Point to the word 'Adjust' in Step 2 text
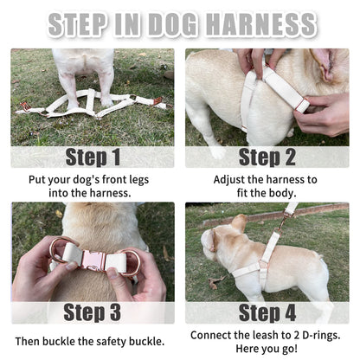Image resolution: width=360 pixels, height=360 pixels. tap(231, 178)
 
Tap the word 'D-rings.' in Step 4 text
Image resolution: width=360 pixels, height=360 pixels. tap(316, 334)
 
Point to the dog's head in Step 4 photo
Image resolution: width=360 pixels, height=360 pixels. tap(222, 238)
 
